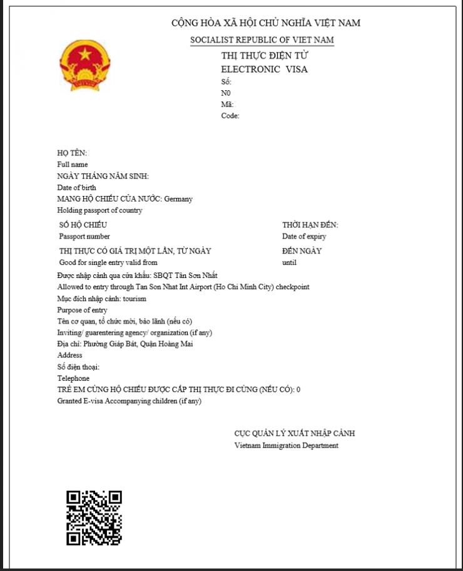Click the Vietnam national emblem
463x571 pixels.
click(85, 64)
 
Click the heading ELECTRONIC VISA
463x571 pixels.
click(264, 69)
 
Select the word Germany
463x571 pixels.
click(178, 199)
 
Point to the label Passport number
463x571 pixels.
click(84, 237)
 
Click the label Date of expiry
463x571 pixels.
click(304, 237)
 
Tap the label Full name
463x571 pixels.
click(73, 165)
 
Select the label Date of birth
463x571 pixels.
click(76, 188)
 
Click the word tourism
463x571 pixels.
click(135, 299)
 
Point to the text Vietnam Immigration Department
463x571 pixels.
click(287, 446)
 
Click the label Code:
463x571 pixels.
click(230, 116)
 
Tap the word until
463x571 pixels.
click(289, 263)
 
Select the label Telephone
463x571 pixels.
click(73, 379)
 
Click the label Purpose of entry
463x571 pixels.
click(82, 311)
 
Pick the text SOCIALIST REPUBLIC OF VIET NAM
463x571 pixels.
click(262, 41)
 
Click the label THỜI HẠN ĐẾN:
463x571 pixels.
click(310, 225)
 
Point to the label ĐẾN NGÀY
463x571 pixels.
click(302, 251)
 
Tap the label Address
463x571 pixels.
click(69, 356)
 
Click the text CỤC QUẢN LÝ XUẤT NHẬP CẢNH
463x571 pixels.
click(295, 433)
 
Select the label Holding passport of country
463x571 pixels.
click(99, 211)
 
